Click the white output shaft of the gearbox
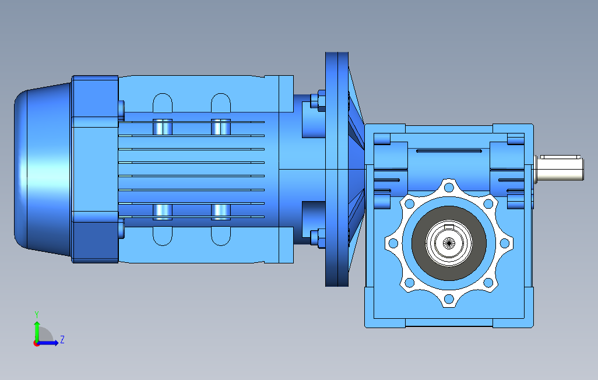[x=559, y=168]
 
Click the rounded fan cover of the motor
[x=43, y=169]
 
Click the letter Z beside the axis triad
[x=62, y=339]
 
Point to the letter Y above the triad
[x=37, y=314]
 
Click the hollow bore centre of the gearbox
[x=449, y=242]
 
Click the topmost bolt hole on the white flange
[x=449, y=187]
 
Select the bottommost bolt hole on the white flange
[x=449, y=298]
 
